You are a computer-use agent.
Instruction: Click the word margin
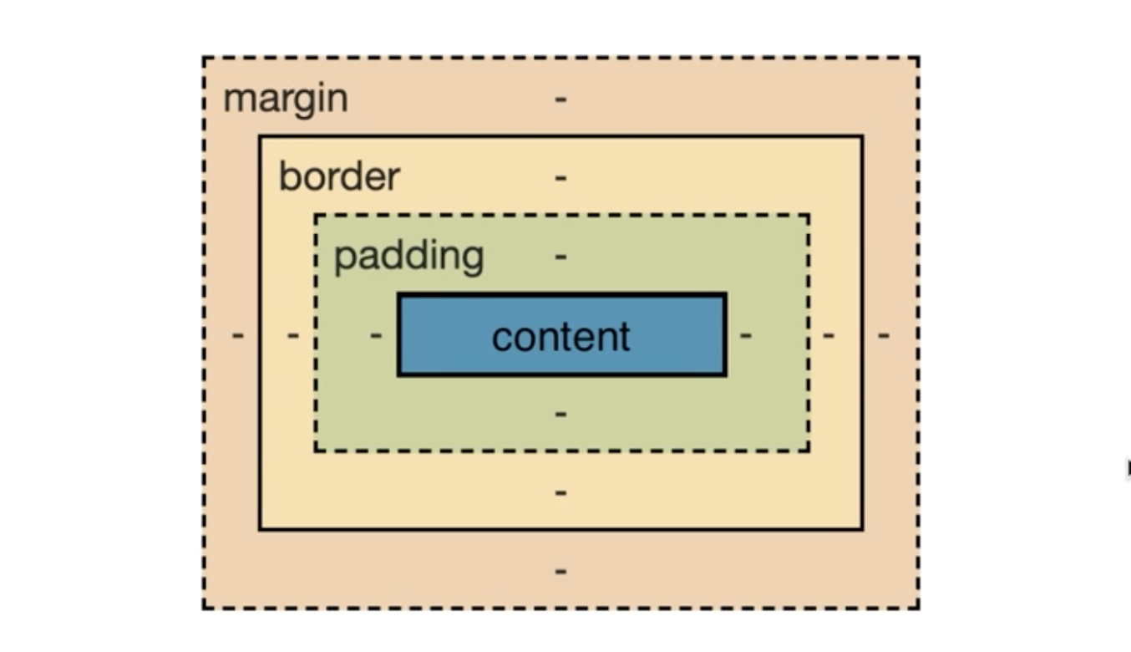click(x=286, y=99)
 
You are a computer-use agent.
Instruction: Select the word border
click(x=340, y=176)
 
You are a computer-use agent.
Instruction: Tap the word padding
click(x=409, y=257)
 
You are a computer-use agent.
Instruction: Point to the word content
click(x=561, y=337)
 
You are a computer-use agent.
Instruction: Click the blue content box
click(x=562, y=334)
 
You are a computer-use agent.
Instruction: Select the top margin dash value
click(x=560, y=99)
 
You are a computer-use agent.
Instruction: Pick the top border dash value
click(x=560, y=178)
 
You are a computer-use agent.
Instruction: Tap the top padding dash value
click(x=560, y=257)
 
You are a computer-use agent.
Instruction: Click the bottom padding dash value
click(x=560, y=414)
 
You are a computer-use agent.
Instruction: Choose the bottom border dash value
click(x=560, y=493)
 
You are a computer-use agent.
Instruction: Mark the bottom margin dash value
click(x=560, y=572)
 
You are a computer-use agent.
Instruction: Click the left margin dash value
click(x=238, y=335)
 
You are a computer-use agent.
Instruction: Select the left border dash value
click(x=293, y=335)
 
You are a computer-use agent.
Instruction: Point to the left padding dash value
click(x=376, y=335)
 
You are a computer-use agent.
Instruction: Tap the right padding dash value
click(x=746, y=335)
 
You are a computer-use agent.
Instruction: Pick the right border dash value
click(x=829, y=335)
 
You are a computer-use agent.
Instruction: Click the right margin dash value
click(x=884, y=335)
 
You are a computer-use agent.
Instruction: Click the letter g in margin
click(x=306, y=104)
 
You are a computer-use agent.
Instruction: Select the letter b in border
click(x=290, y=176)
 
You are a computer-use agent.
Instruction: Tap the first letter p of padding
click(x=344, y=260)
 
